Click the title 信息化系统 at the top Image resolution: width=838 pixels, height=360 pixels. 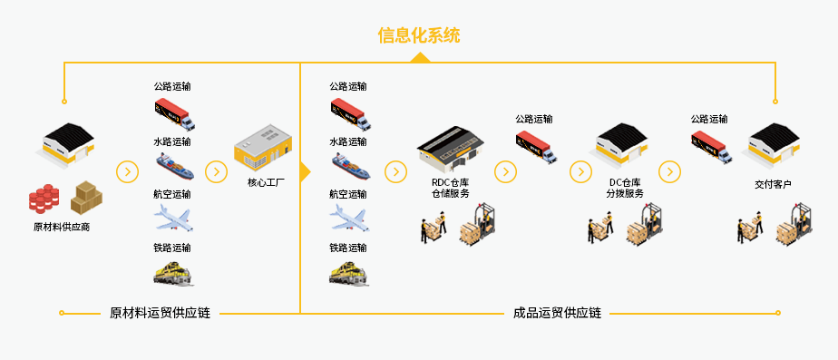(x=418, y=36)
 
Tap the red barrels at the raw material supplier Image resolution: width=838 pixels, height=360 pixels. (x=44, y=198)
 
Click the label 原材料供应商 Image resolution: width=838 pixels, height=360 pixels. (x=62, y=227)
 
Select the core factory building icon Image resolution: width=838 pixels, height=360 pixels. (x=264, y=151)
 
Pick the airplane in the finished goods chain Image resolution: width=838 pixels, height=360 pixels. (x=349, y=217)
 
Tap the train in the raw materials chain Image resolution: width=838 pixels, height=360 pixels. (x=174, y=271)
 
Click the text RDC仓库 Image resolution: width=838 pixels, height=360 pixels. (x=451, y=182)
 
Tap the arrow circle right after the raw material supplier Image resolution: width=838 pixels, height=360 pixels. (x=128, y=171)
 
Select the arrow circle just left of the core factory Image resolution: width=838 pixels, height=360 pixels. (x=216, y=171)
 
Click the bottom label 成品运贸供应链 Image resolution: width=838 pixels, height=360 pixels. (x=557, y=314)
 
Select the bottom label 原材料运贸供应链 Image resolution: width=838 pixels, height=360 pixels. (x=160, y=314)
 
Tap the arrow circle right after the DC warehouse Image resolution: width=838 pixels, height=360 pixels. (x=669, y=171)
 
